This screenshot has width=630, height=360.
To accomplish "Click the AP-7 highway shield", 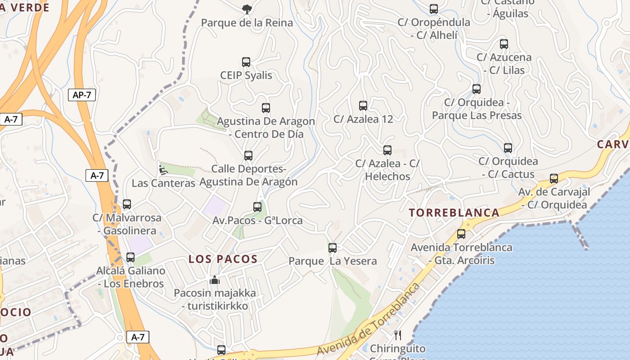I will coord(81,95).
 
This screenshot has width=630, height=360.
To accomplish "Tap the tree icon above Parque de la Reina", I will coord(247,9).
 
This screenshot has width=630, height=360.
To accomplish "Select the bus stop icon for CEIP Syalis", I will coord(246,62).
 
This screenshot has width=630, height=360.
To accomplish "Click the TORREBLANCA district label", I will coord(454,213).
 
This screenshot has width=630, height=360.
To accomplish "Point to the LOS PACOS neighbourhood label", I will coord(223,259).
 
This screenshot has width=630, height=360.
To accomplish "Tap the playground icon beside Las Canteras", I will coord(163,170).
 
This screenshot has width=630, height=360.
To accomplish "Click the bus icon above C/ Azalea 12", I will coord(363,106).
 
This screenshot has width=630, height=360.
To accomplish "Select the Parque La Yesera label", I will coord(333,261).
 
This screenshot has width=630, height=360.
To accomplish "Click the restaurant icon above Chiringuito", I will coord(398,335).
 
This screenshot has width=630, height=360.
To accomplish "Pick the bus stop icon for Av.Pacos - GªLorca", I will coord(257,207).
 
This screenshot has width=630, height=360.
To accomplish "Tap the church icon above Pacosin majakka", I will coord(215,280).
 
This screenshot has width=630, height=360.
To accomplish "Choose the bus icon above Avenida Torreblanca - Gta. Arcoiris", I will coord(461,234).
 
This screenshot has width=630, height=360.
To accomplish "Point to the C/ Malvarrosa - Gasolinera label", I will coord(127,224).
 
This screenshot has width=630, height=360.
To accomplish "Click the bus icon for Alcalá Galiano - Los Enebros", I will coord(130,257).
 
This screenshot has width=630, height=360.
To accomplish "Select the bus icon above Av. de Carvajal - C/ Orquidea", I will coord(554,179).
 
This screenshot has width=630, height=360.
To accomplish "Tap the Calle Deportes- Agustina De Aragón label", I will coord(248,175).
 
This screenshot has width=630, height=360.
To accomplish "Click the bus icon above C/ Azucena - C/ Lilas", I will coord(504,44).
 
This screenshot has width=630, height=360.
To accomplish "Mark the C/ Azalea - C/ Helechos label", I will coord(387,170).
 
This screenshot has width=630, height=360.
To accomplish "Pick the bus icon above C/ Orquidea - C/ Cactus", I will coord(508,148).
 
